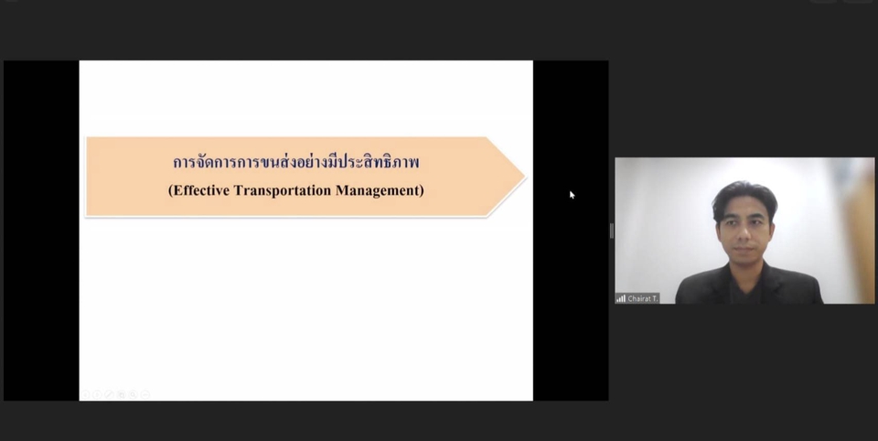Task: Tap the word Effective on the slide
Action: pos(204,191)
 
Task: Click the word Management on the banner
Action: pos(379,191)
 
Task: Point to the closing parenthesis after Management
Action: pos(422,191)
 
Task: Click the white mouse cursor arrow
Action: pos(572,194)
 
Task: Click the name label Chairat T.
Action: pos(643,298)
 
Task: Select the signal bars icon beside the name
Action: pos(621,298)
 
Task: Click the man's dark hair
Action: pos(744,194)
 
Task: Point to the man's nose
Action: pos(743,235)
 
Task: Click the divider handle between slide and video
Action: pos(611,231)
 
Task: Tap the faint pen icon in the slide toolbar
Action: pos(109,394)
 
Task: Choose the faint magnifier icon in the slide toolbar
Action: pos(133,394)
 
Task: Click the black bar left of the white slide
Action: pos(41,229)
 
